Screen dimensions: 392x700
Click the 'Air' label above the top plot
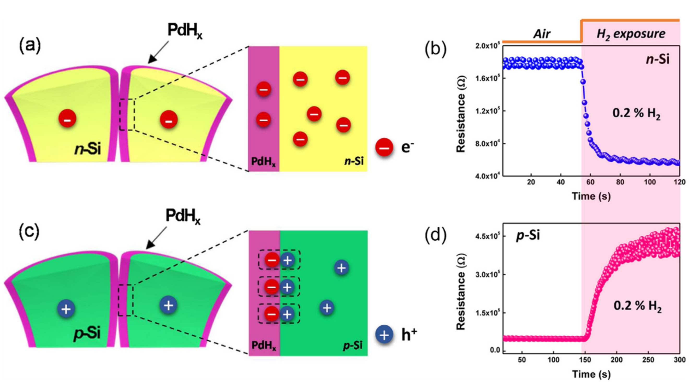pyautogui.click(x=542, y=34)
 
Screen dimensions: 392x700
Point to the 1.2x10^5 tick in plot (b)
pyautogui.click(x=488, y=111)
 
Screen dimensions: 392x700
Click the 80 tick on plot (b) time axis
pyautogui.click(x=620, y=182)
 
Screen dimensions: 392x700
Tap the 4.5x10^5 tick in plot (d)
pyautogui.click(x=488, y=236)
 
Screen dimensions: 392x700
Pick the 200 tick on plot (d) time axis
pyautogui.click(x=616, y=360)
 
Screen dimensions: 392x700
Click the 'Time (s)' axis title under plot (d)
pyautogui.click(x=591, y=374)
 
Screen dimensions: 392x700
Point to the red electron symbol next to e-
pyautogui.click(x=384, y=148)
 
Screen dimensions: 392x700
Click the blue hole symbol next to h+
pyautogui.click(x=384, y=335)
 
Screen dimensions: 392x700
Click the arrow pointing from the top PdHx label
pyautogui.click(x=159, y=52)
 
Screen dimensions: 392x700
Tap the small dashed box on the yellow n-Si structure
pyautogui.click(x=127, y=115)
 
